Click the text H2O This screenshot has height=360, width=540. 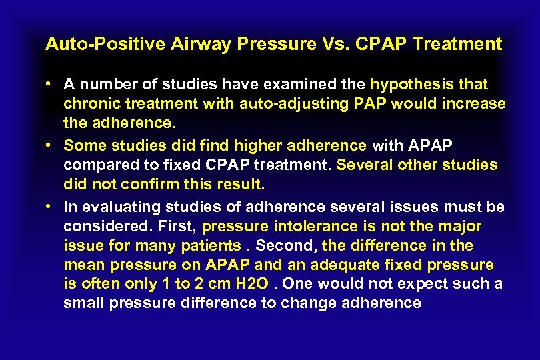[x=253, y=285]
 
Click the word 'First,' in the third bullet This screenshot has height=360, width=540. [x=179, y=225]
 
